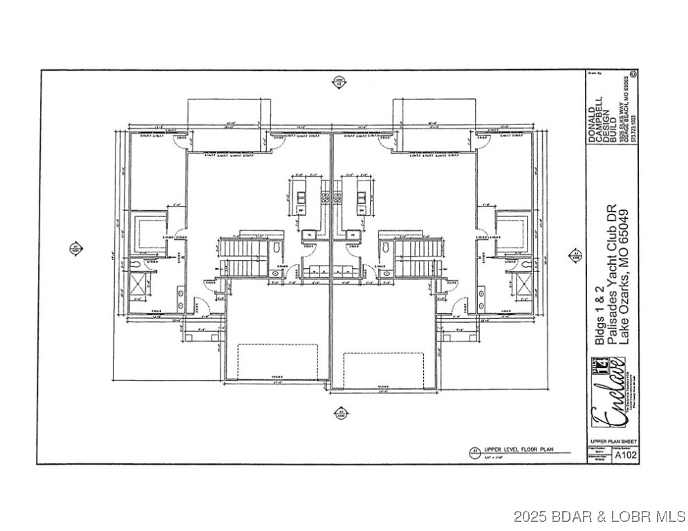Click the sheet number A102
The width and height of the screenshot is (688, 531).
626,455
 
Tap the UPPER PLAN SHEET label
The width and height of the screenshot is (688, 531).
613,441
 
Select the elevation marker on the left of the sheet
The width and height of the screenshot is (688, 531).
75,248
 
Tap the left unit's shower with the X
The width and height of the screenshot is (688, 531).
139,284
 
